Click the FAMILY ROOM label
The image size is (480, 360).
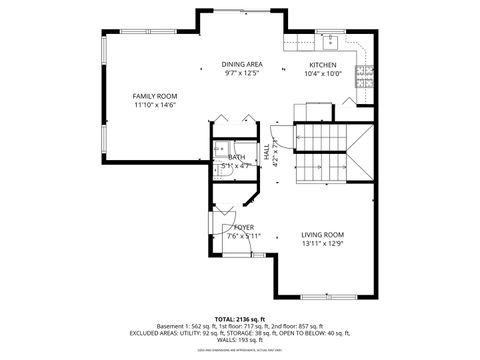[x=155, y=96]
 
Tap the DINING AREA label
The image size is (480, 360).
[x=242, y=64]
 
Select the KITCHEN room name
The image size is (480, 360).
[x=323, y=64]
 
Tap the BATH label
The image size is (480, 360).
[x=237, y=157]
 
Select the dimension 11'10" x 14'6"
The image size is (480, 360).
[x=155, y=105]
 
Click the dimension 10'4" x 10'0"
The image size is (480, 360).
[x=323, y=73]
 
